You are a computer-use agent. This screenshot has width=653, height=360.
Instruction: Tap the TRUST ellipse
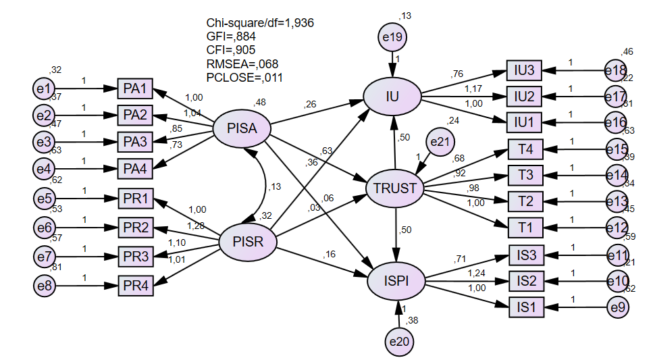tap(395, 188)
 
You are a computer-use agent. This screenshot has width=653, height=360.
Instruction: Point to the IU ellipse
tap(392, 97)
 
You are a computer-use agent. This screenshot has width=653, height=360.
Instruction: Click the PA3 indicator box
tap(136, 143)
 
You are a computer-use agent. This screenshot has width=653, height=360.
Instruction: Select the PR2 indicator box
tap(136, 228)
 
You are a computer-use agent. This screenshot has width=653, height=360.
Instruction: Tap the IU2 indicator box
tap(524, 97)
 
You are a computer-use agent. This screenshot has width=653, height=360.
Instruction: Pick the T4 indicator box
tap(525, 149)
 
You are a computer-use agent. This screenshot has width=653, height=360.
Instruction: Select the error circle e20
tap(399, 342)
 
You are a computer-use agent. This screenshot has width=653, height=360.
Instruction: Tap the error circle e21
tap(440, 143)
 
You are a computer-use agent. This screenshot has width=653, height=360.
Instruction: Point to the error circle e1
tap(45, 88)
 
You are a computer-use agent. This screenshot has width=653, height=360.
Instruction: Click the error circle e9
tap(617, 308)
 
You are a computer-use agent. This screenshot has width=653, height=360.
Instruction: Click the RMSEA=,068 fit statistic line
tap(242, 64)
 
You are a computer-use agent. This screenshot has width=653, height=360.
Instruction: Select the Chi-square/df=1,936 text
tap(260, 23)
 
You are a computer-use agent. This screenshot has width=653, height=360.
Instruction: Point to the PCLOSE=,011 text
tap(244, 78)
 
